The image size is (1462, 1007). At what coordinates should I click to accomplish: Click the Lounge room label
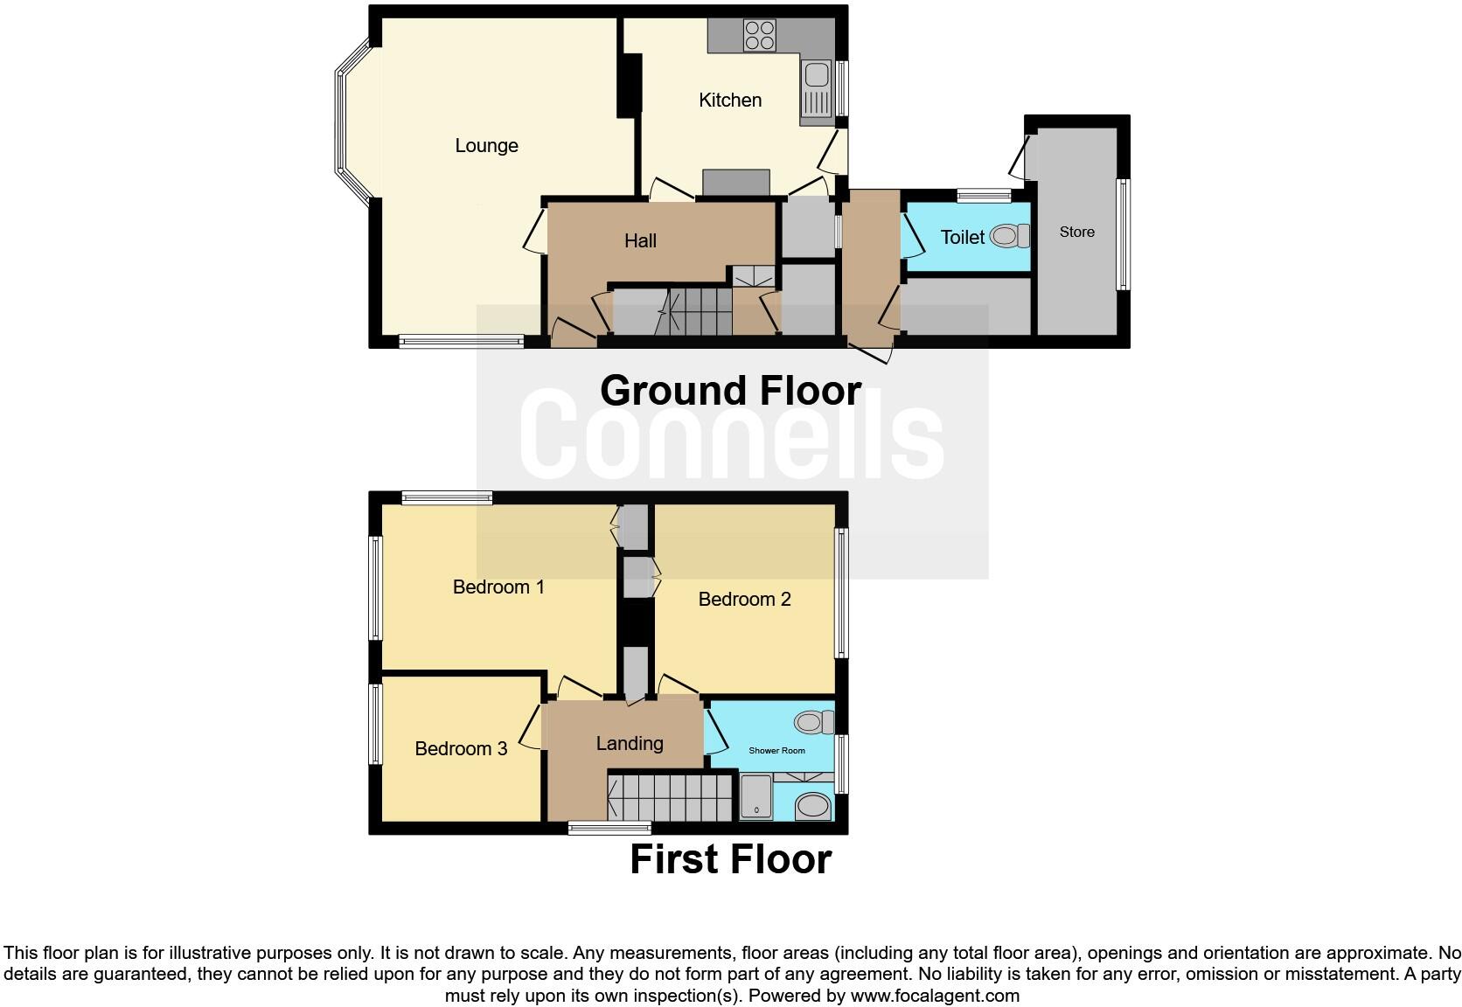486,146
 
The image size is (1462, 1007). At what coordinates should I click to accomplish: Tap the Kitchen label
730,101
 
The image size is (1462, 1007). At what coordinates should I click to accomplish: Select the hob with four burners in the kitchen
759,35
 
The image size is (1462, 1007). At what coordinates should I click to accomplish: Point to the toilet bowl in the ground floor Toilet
1010,235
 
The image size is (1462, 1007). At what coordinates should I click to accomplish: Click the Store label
1076,232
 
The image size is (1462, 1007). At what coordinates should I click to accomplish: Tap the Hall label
640,240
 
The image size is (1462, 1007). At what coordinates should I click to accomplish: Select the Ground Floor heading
730,390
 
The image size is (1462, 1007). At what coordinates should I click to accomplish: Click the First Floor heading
730,859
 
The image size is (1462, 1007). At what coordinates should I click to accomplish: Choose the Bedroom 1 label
498,587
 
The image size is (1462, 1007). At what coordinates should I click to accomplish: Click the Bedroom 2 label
744,599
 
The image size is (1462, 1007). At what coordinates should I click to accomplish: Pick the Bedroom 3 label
461,748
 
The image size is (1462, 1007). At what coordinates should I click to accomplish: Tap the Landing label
630,743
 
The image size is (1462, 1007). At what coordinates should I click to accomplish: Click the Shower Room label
776,750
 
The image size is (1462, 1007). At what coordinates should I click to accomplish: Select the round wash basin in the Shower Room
813,806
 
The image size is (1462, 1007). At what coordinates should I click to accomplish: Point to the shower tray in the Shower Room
756,797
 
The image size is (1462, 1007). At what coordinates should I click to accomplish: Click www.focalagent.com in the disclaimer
935,995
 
